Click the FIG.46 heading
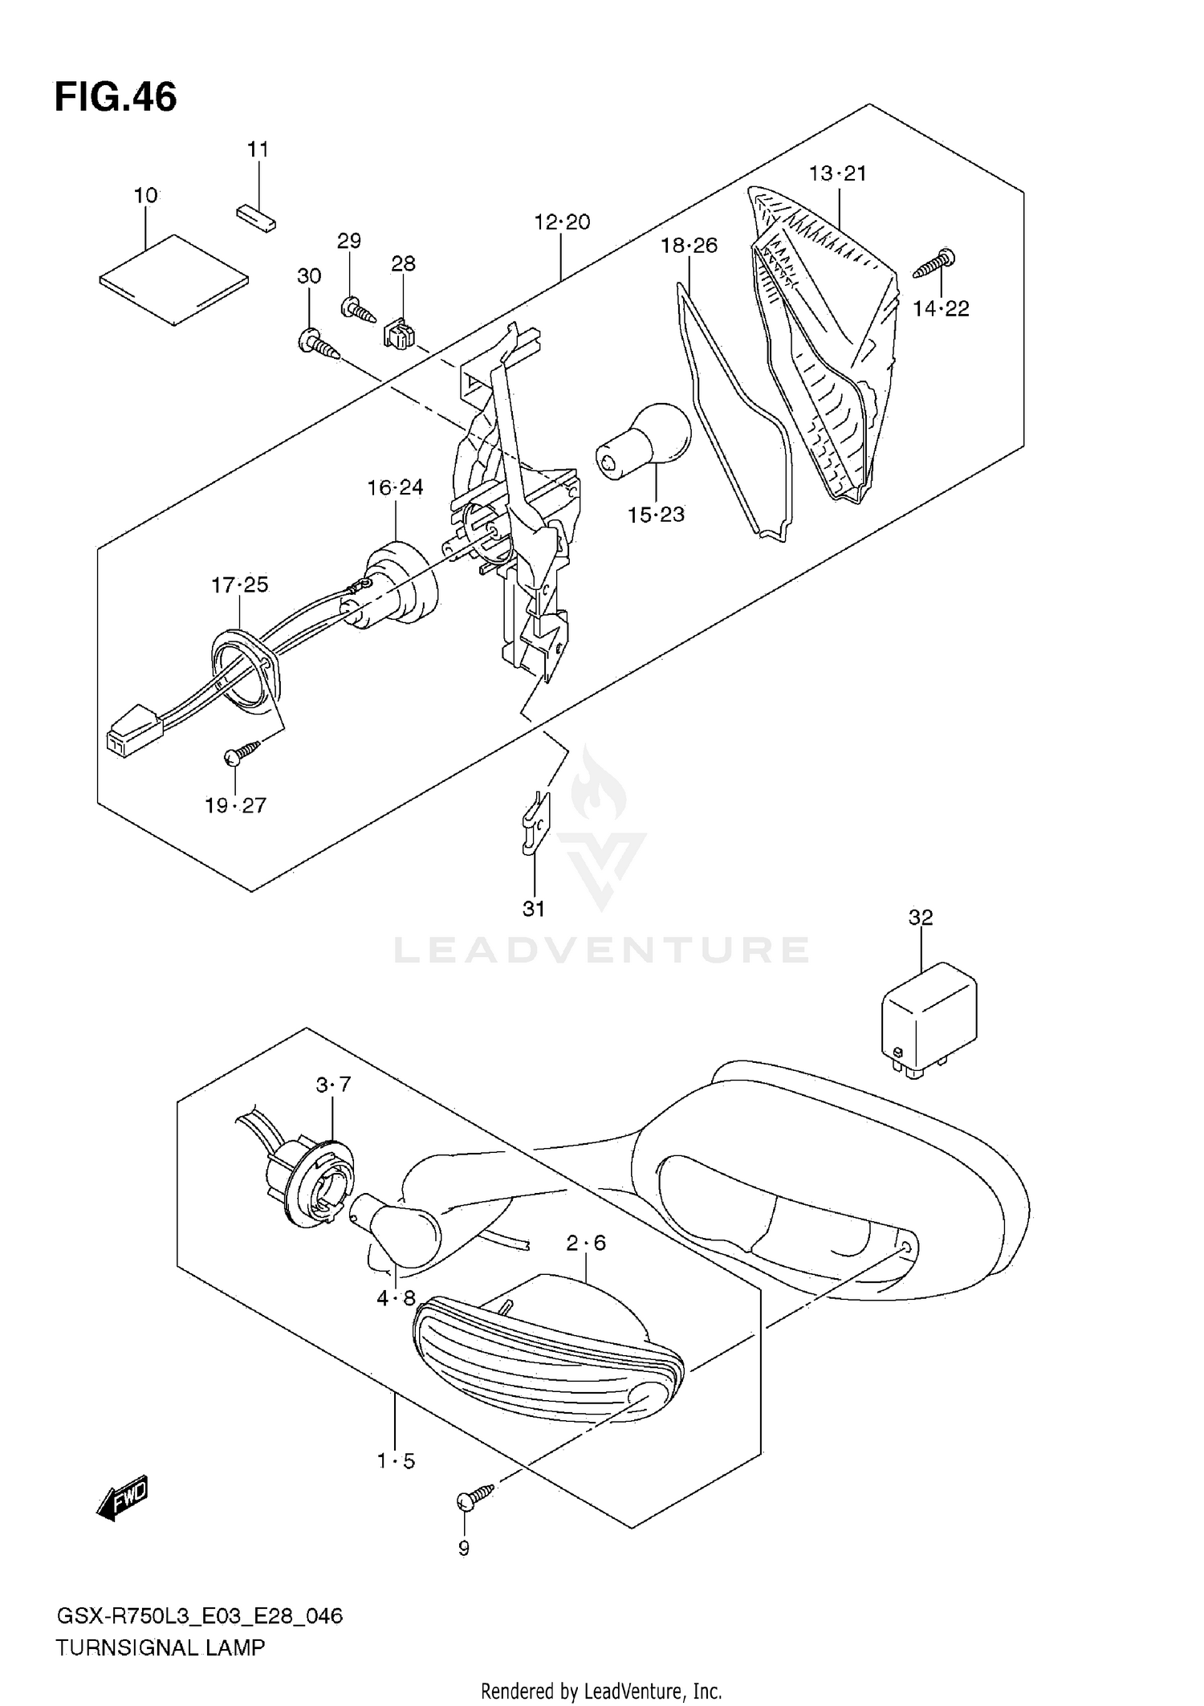(116, 98)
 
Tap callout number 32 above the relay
(921, 917)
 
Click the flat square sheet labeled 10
(174, 279)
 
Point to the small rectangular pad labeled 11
(256, 217)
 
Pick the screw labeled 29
(359, 309)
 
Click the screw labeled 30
(320, 344)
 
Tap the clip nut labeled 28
(399, 333)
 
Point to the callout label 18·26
(689, 246)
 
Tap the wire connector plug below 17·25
(134, 730)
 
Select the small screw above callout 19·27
(242, 751)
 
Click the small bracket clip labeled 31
(534, 823)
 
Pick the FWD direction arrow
(122, 1497)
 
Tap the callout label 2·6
(586, 1243)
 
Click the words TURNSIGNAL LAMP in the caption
(160, 1648)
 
